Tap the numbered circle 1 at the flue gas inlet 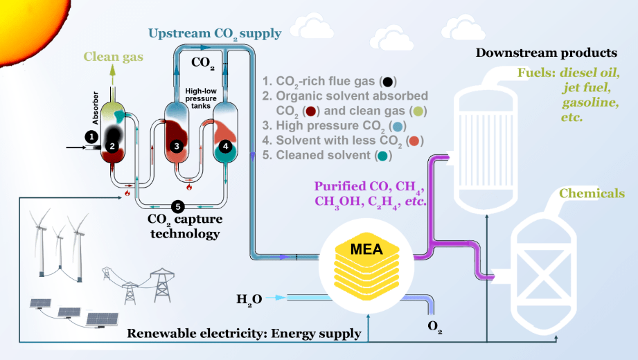90,136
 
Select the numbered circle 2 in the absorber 111,146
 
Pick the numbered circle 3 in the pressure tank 177,146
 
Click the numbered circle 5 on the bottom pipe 177,206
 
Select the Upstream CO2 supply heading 215,33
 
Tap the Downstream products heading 547,53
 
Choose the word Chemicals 591,193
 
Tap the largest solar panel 102,318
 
